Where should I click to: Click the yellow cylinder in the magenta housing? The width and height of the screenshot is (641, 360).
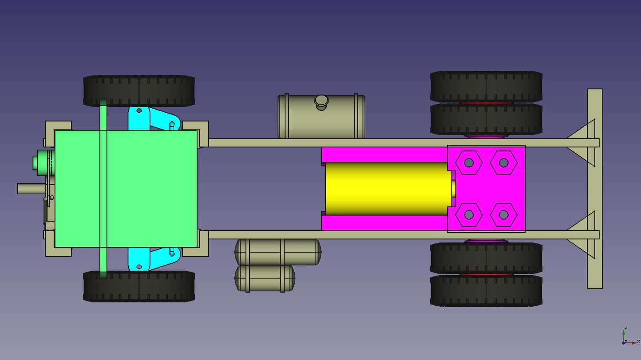[387, 188]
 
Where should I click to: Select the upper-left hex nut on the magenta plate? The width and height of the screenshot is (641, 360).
[469, 163]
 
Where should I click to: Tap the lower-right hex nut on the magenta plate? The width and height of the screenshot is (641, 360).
[503, 215]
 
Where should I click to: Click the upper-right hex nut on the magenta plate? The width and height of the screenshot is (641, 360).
[503, 163]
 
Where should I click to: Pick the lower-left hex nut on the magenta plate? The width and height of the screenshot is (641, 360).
[469, 215]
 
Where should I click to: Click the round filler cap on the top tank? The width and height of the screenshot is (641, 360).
[321, 102]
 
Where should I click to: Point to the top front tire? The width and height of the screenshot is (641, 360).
[139, 90]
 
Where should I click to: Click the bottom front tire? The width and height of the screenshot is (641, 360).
[139, 287]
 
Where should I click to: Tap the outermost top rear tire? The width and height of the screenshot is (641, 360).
[486, 86]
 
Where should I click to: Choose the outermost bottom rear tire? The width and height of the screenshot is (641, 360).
[486, 291]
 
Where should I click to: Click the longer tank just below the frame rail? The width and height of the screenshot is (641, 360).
[278, 252]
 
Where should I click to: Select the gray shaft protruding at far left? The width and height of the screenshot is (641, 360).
[31, 188]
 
